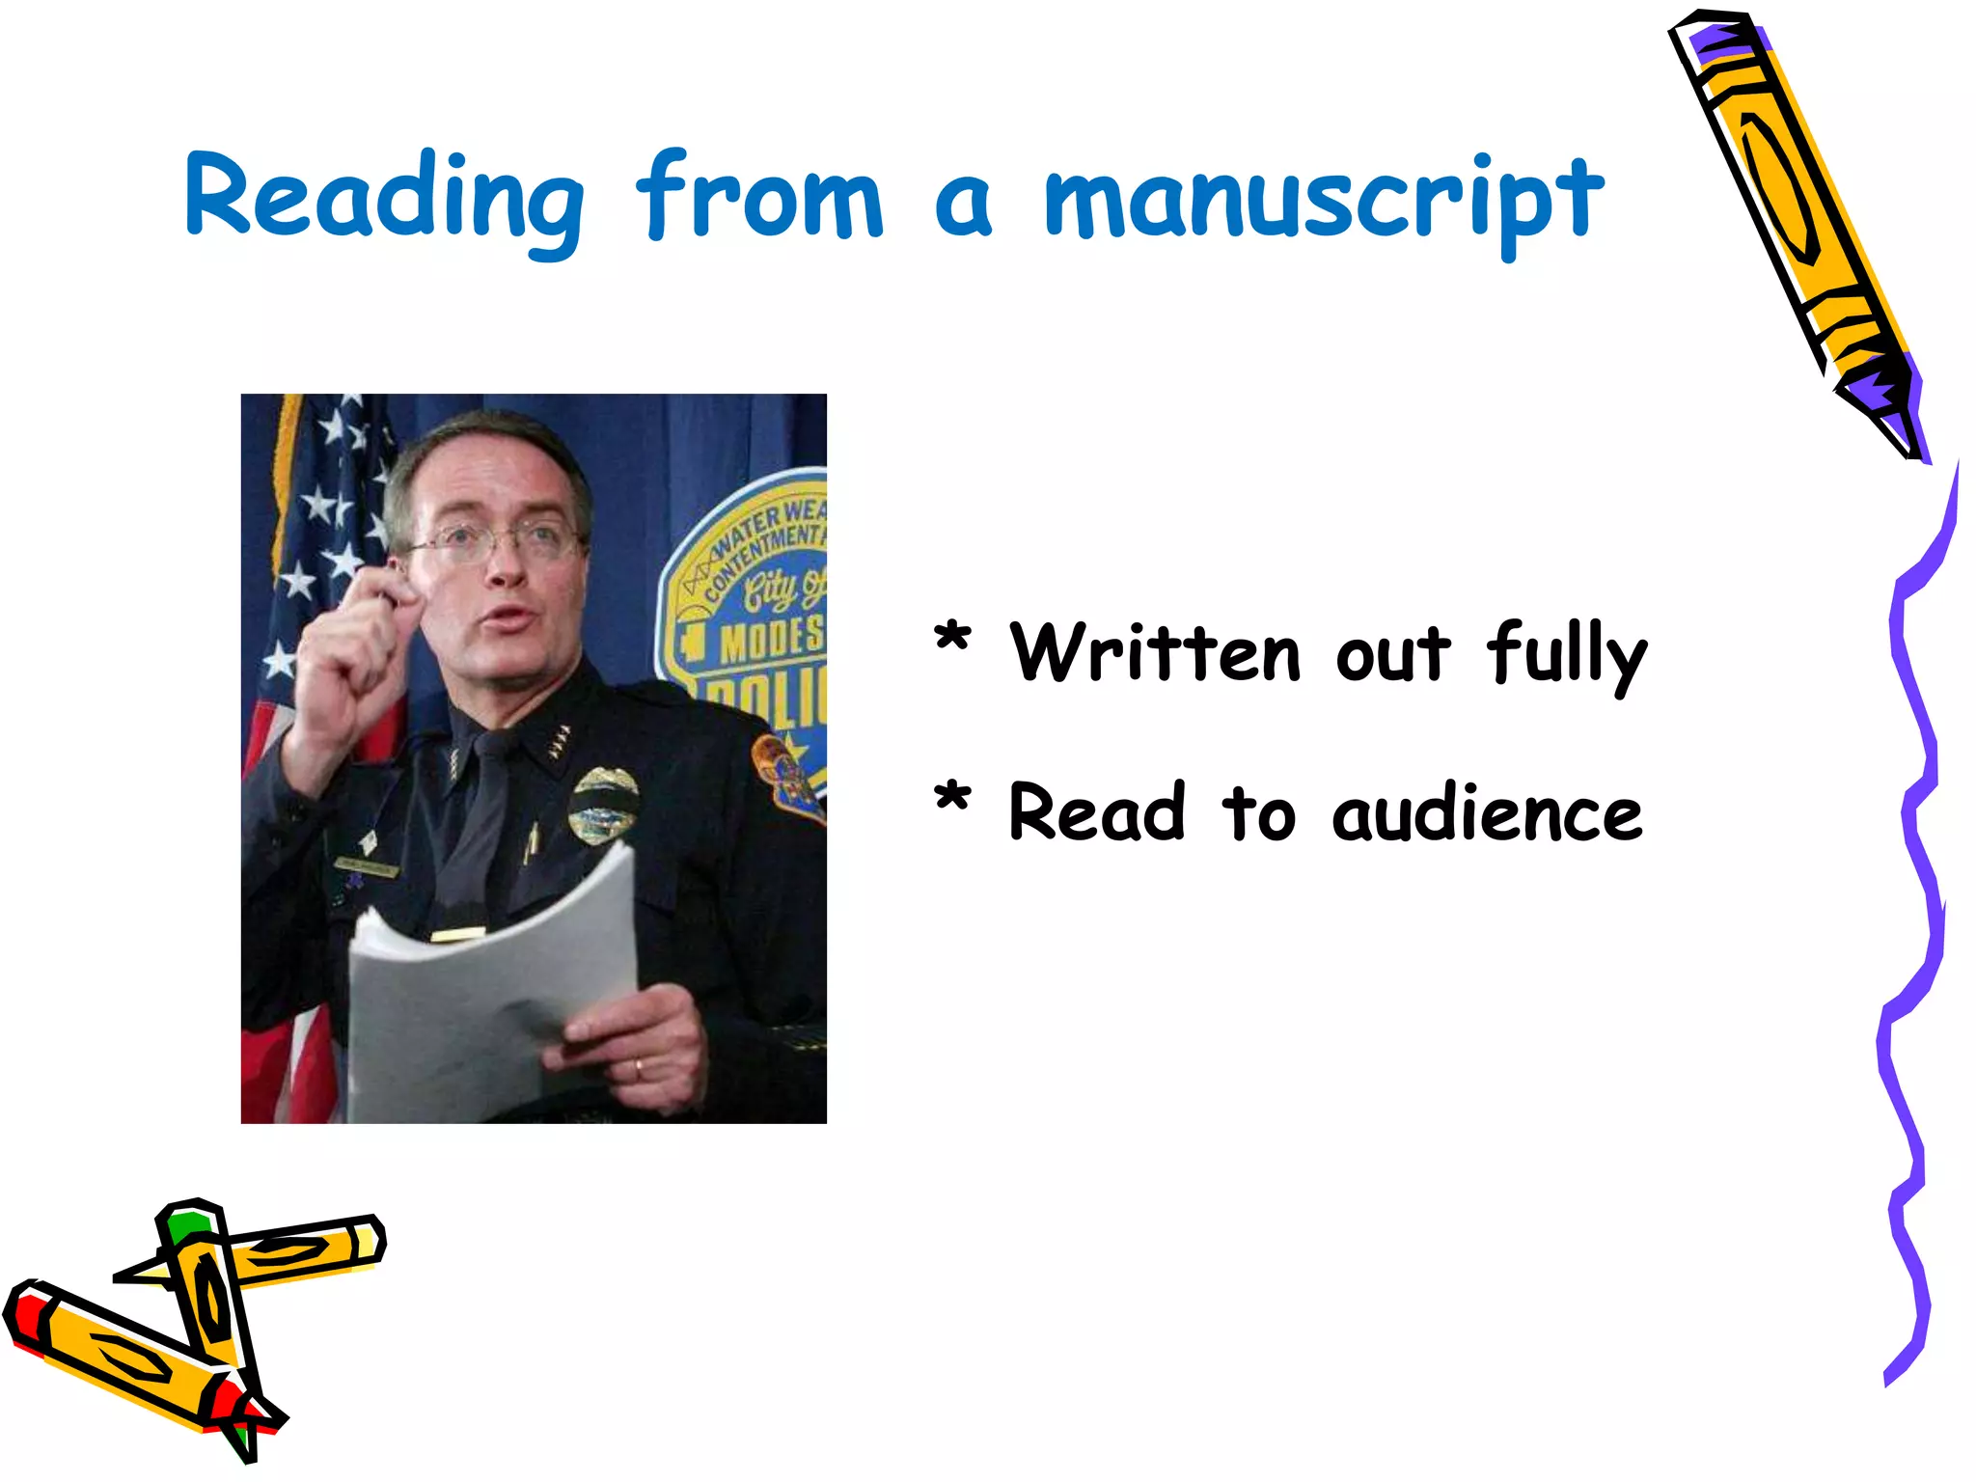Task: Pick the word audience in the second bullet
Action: [1487, 813]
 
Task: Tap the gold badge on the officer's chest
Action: [603, 805]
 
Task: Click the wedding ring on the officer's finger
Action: [637, 1068]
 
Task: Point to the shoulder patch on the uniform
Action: [785, 776]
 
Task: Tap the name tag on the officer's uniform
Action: [367, 865]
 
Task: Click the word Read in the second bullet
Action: [1096, 813]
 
